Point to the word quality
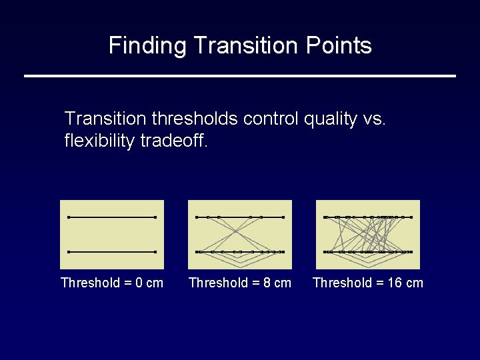coord(330,119)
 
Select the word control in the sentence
coord(271,119)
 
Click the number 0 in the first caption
coord(139,283)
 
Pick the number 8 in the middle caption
coord(267,283)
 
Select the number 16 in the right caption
coord(395,283)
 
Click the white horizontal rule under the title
coord(240,76)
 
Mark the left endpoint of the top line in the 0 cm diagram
coord(69,217)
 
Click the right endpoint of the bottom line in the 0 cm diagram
coord(155,252)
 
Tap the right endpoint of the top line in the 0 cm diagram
coord(155,217)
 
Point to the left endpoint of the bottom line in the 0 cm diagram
coord(69,252)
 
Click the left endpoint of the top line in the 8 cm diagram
coord(197,217)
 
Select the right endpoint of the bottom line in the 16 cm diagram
coord(411,252)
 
